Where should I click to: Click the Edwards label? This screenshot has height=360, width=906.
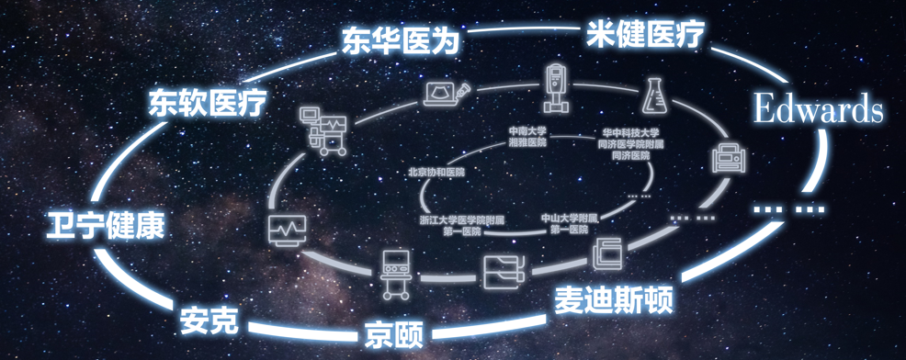(818, 108)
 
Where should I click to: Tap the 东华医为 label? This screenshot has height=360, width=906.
(400, 40)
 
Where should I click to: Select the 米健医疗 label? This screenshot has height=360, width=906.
(646, 35)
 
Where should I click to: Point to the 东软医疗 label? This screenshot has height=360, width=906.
(208, 102)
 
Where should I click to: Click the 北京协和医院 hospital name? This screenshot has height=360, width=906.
(436, 172)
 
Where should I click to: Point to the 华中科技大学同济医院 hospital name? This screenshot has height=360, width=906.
(630, 143)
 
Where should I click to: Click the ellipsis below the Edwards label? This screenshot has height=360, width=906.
(788, 208)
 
